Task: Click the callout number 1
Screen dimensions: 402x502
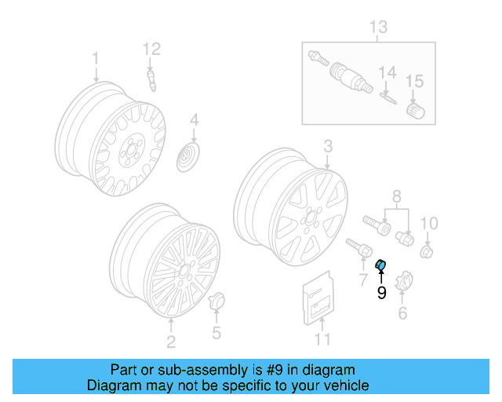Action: pyautogui.click(x=96, y=58)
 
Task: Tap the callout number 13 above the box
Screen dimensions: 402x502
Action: pyautogui.click(x=379, y=28)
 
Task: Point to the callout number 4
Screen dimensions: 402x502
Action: pyautogui.click(x=194, y=121)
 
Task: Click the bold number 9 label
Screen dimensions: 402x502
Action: pyautogui.click(x=382, y=293)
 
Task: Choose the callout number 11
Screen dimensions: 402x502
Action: pyautogui.click(x=323, y=339)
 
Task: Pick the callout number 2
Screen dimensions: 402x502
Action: pyautogui.click(x=171, y=341)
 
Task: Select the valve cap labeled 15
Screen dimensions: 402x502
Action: pyautogui.click(x=413, y=110)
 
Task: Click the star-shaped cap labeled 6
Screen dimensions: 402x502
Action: pyautogui.click(x=405, y=282)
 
